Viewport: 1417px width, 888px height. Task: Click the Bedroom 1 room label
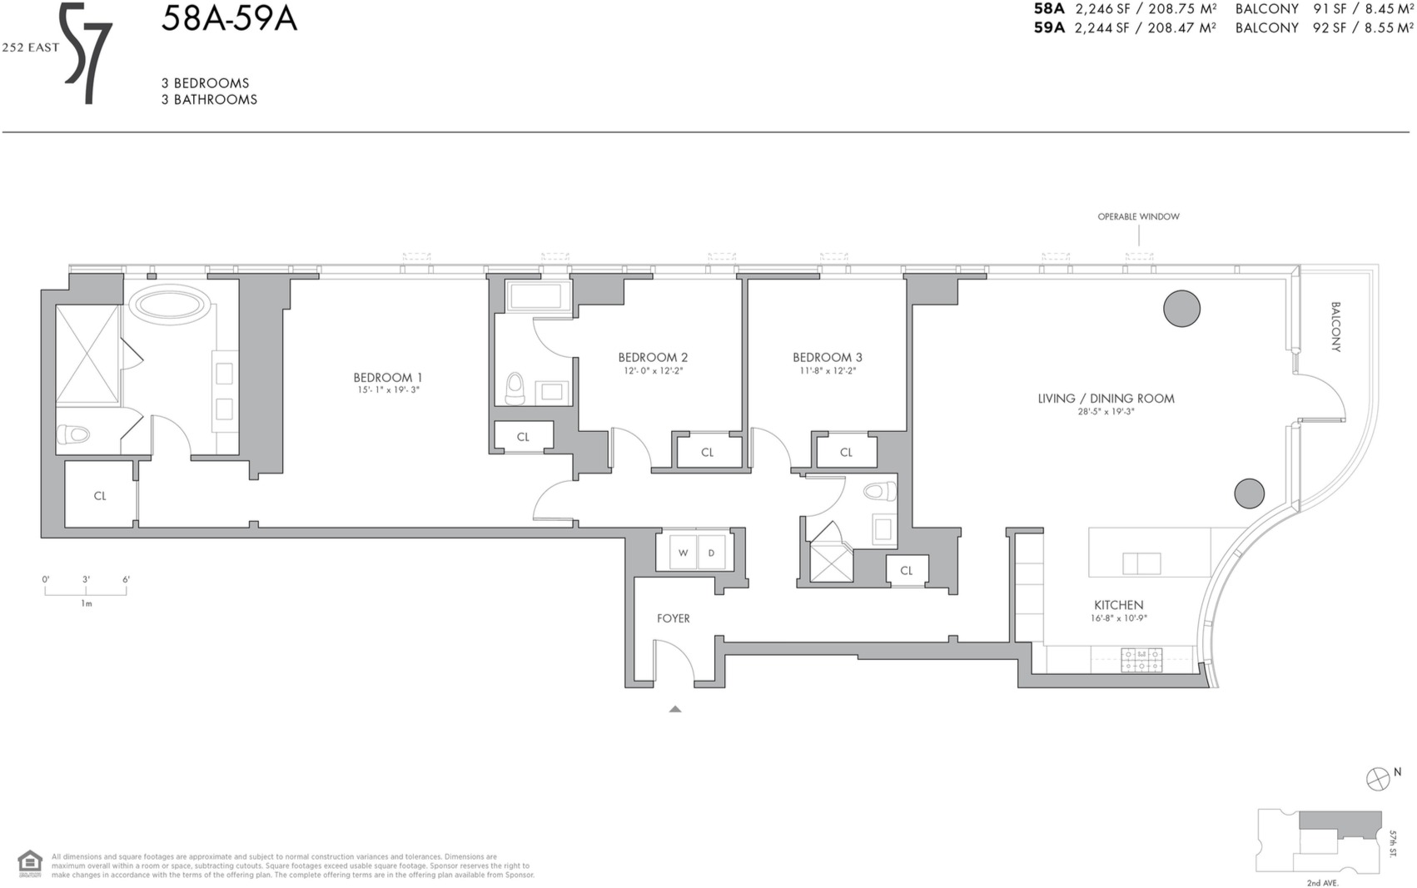387,377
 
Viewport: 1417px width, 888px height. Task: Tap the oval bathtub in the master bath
170,305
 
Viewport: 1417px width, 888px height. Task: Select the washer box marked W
683,553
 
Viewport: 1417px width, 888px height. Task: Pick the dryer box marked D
711,553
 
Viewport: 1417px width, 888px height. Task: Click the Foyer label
673,618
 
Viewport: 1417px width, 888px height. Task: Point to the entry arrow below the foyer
675,709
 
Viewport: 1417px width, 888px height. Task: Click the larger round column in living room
1181,308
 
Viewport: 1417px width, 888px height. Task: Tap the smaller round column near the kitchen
1249,494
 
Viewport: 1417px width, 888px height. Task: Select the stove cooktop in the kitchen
1141,660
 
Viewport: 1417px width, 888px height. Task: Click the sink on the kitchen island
1141,563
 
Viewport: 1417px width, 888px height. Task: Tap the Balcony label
1335,326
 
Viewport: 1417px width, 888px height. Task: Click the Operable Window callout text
1138,216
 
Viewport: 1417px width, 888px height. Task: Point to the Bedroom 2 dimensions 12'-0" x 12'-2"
653,371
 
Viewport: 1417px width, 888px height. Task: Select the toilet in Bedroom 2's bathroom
515,388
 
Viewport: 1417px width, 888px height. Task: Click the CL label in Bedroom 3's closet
846,453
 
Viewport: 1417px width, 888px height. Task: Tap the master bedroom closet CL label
100,496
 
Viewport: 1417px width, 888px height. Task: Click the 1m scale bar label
87,603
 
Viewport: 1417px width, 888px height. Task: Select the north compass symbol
1378,779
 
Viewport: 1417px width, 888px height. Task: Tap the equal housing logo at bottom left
29,864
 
